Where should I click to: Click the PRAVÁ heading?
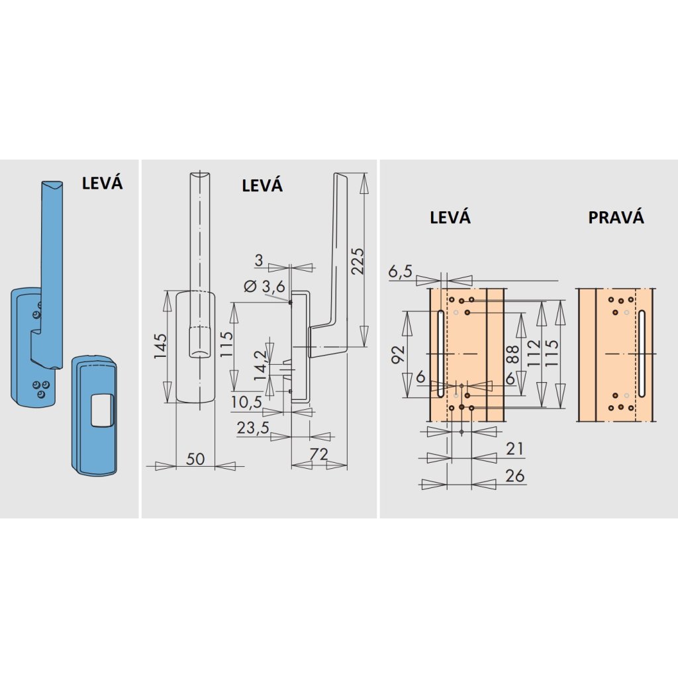(616, 217)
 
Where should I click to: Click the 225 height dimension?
(358, 261)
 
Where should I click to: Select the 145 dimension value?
(160, 346)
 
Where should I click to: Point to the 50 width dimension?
(195, 459)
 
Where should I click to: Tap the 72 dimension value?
(318, 454)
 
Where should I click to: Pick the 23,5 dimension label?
(252, 428)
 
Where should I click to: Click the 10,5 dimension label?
(246, 402)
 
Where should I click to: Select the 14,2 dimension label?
(260, 365)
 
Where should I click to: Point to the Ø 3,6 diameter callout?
(264, 286)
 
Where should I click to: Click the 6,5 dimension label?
(401, 271)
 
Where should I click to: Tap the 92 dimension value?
(398, 355)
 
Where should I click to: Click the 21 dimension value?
(514, 449)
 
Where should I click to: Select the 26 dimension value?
(514, 475)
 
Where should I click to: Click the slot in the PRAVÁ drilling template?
(642, 354)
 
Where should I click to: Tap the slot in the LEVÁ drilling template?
(440, 354)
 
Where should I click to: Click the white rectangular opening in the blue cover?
(101, 409)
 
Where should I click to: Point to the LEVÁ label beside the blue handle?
(102, 183)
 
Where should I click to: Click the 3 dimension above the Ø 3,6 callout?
(259, 260)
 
